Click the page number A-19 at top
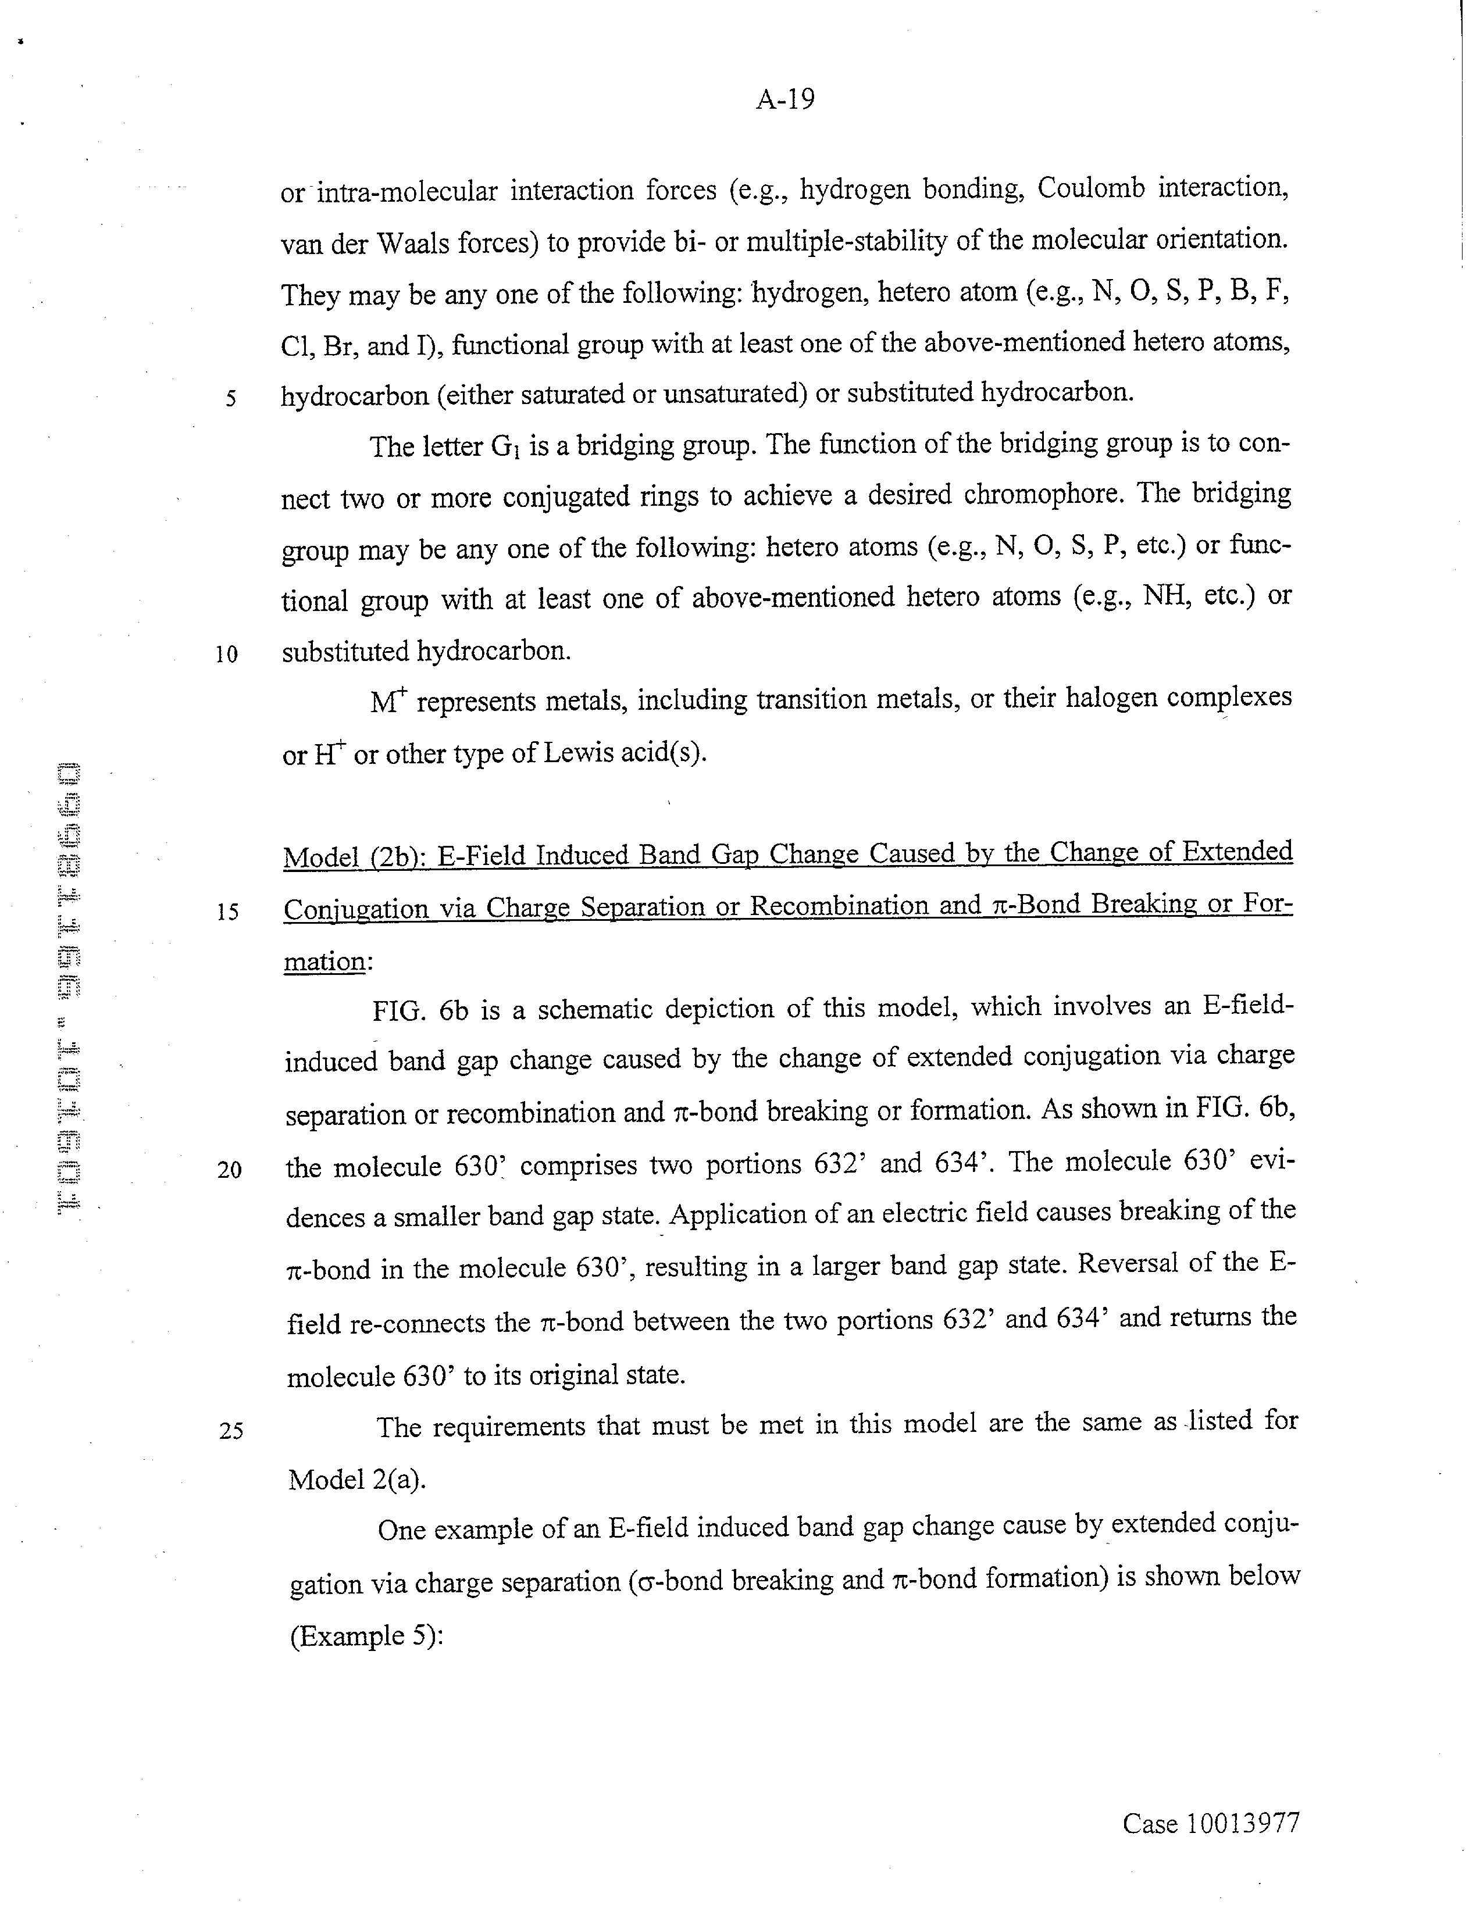tap(785, 99)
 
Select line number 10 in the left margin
tap(226, 655)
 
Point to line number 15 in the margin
tap(227, 912)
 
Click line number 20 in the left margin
tap(229, 1170)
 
